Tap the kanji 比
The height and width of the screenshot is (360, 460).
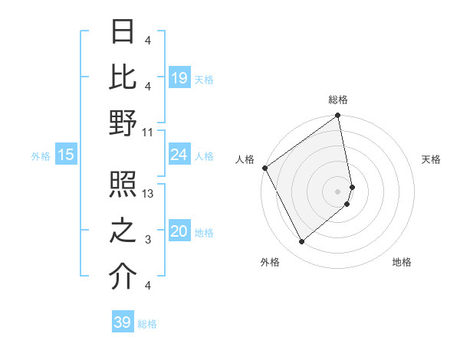click(123, 77)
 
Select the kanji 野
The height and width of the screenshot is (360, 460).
click(123, 123)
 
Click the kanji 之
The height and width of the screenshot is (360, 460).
click(123, 231)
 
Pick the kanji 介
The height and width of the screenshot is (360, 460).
click(123, 277)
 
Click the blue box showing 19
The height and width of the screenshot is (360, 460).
click(179, 78)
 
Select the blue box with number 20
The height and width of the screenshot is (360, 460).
click(179, 231)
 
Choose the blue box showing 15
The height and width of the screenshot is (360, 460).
click(65, 155)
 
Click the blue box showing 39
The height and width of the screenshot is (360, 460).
click(122, 322)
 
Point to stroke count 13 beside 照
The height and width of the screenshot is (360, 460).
click(149, 194)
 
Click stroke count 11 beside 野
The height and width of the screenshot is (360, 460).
click(148, 132)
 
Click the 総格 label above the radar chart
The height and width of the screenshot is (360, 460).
click(338, 100)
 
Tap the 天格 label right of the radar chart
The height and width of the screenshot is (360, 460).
click(431, 159)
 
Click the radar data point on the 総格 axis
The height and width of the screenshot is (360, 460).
click(338, 116)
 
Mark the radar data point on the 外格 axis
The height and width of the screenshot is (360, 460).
click(301, 242)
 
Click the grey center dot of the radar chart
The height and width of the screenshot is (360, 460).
click(338, 191)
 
